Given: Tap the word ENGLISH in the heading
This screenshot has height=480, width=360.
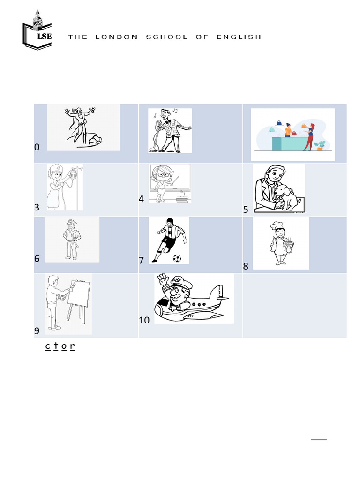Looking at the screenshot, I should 239,37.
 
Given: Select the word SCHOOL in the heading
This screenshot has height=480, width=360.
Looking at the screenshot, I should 167,37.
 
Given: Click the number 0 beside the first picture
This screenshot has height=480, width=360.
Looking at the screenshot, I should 37,147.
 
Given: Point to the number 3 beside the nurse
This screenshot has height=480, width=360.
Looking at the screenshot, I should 37,207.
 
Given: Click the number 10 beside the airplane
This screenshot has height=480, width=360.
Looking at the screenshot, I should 144,320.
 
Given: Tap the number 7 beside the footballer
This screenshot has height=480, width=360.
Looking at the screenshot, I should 142,260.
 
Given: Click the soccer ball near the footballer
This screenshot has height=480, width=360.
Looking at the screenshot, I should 177,258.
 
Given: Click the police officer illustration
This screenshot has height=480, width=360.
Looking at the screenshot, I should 71,239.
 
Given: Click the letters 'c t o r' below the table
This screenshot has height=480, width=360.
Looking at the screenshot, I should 60,346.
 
